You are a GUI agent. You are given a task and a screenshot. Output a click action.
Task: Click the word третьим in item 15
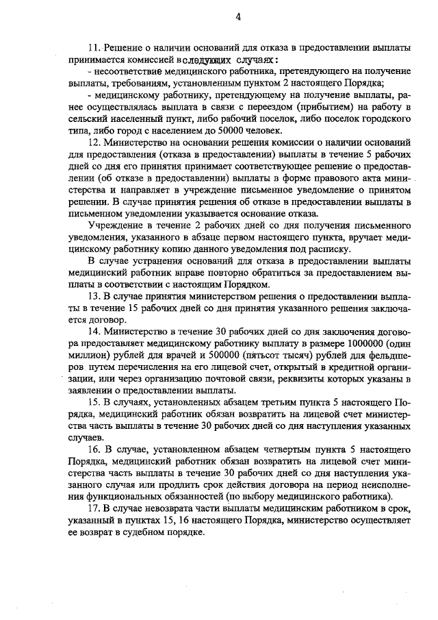click(259, 403)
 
